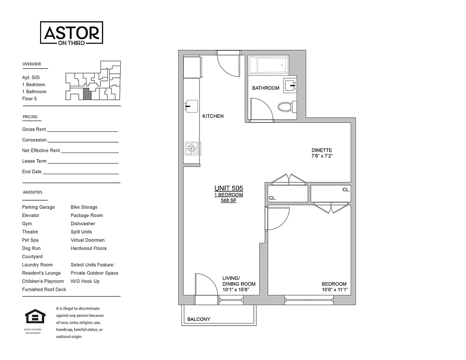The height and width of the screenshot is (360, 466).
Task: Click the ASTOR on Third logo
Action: point(72,33)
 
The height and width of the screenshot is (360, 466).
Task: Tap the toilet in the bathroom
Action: point(287,107)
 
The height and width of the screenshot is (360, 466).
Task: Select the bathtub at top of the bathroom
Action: point(268,65)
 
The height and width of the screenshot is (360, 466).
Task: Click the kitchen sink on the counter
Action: point(191,106)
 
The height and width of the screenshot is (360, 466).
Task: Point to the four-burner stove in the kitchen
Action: point(191,148)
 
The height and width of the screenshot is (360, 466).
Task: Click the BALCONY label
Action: point(199,319)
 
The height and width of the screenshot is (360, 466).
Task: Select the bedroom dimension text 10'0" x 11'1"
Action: point(334,290)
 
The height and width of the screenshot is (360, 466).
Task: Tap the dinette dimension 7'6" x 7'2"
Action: point(321,156)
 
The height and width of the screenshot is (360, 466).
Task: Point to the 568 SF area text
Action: point(228,201)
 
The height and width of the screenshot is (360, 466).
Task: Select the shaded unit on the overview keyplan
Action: point(87,94)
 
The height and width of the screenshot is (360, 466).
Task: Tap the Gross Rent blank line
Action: point(82,131)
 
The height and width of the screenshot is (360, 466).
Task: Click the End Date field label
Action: point(32,172)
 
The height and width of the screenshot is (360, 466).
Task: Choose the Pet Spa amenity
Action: point(30,240)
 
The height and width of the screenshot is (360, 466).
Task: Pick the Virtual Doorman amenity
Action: point(87,240)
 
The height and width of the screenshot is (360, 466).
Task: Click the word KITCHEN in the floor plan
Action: point(213,116)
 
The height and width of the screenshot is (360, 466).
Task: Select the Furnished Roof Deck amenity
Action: point(44,289)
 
